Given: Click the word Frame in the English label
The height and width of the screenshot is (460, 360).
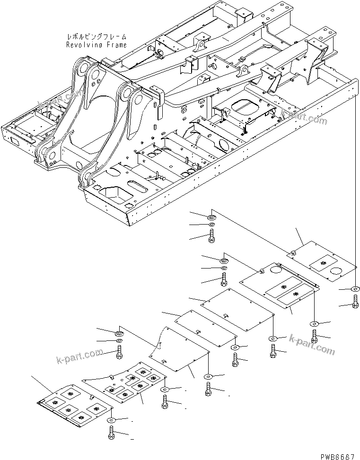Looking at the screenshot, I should [x=116, y=45].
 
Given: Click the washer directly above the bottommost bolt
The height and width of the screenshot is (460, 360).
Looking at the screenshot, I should [x=111, y=419].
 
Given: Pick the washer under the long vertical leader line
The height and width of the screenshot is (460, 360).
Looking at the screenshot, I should [x=355, y=289].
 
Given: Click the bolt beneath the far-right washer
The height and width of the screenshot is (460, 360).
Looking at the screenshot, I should [x=355, y=301].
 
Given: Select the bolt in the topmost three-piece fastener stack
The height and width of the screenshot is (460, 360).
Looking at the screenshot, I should [x=211, y=235].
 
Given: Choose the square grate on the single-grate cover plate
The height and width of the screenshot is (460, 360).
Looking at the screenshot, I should [x=325, y=260].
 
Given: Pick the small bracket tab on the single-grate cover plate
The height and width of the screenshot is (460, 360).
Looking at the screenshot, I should [x=293, y=252].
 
